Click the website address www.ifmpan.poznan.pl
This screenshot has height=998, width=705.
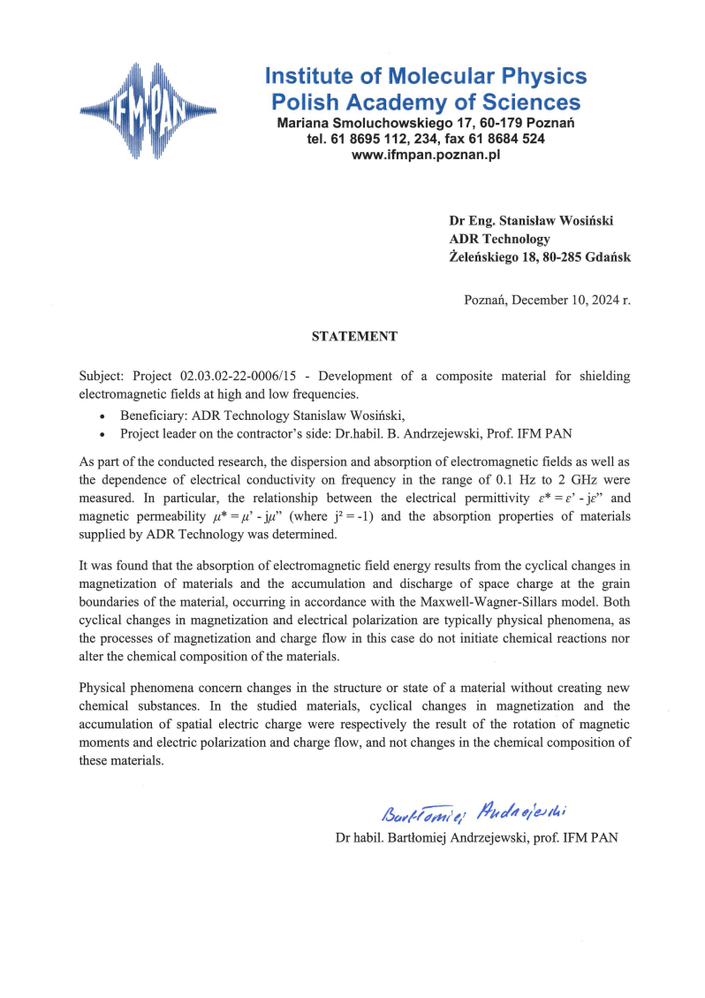coord(426,154)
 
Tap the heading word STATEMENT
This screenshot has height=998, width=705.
coord(354,336)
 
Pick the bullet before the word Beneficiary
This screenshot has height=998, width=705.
coord(103,415)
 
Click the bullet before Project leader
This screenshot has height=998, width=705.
coord(103,434)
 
